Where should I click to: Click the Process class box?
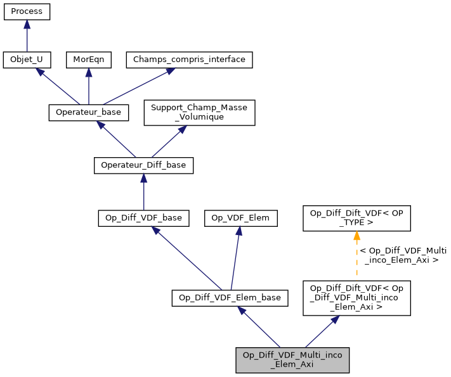[x=27, y=12]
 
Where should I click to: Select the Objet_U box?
[x=27, y=60]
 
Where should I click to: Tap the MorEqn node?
[x=89, y=60]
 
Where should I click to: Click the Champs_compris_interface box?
[x=190, y=60]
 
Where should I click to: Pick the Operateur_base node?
[x=89, y=112]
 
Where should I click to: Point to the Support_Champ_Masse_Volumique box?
[x=199, y=112]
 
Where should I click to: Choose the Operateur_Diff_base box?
[x=143, y=165]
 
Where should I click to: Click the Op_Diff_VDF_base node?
[x=143, y=218]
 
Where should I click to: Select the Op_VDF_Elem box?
[x=240, y=218]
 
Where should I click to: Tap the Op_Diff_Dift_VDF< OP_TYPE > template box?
[x=357, y=218]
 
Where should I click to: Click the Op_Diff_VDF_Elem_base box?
[x=230, y=297]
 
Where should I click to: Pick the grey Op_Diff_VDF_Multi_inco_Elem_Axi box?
[x=292, y=359]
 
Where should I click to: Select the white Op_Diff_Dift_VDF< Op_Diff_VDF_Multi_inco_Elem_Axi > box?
[x=357, y=297]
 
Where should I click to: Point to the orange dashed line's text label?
[x=403, y=255]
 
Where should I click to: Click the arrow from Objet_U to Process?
[x=27, y=36]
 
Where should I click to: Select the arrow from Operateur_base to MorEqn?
[x=89, y=86]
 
